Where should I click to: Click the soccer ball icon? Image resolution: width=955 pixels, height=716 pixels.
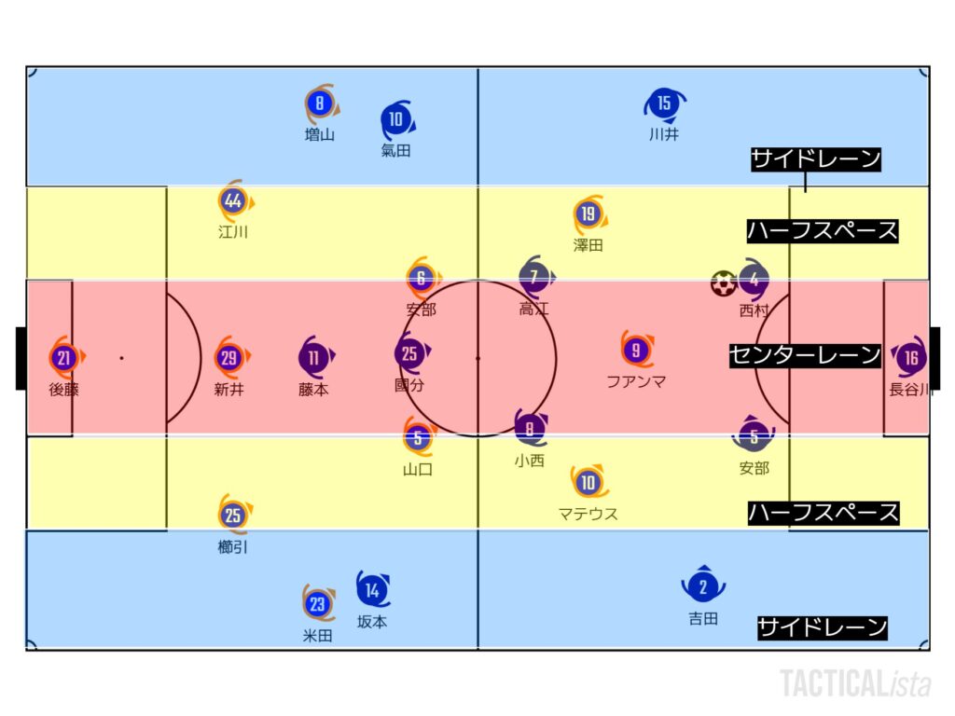(723, 283)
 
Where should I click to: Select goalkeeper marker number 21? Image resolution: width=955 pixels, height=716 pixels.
(64, 357)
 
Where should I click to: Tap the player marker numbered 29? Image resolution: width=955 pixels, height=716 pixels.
(229, 357)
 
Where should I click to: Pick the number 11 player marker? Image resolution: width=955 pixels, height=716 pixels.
(314, 357)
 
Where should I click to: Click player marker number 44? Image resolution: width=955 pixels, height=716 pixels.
(234, 200)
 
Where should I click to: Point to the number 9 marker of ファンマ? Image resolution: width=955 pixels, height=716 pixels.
(636, 350)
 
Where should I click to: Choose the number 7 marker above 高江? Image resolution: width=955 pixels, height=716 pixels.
(534, 277)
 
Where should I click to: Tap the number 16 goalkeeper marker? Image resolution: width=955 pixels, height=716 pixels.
(910, 357)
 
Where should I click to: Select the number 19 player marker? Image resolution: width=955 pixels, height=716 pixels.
(588, 213)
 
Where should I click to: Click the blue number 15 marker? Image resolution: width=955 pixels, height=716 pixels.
(664, 103)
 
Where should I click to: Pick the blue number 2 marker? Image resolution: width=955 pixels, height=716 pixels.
(703, 585)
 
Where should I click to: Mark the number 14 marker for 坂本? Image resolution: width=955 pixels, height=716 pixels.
(373, 589)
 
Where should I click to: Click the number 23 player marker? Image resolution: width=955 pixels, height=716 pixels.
(318, 603)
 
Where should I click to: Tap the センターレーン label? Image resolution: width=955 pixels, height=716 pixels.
(805, 355)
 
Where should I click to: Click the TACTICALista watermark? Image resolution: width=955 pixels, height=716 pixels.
(855, 683)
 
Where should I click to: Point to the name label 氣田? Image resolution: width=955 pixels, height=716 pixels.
(395, 150)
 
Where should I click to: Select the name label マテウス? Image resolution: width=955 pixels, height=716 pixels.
(588, 514)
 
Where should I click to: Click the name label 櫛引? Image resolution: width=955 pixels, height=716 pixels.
(232, 546)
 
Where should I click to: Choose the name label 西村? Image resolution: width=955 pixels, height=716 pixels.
(754, 310)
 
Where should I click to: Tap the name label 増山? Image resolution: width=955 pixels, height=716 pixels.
(320, 134)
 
